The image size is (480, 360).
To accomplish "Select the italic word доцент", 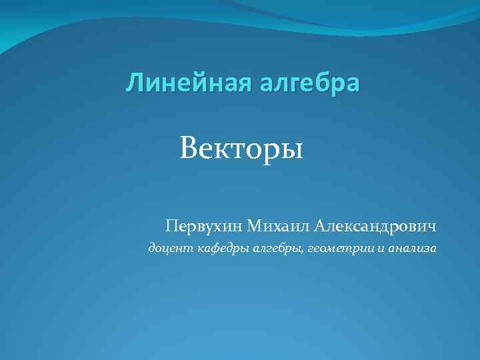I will pyautogui.click(x=168, y=249).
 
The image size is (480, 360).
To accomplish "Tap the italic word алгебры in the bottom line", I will pyautogui.click(x=276, y=249).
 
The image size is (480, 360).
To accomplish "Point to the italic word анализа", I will pyautogui.click(x=411, y=249).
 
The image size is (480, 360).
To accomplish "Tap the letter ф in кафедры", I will pyautogui.click(x=215, y=249).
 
